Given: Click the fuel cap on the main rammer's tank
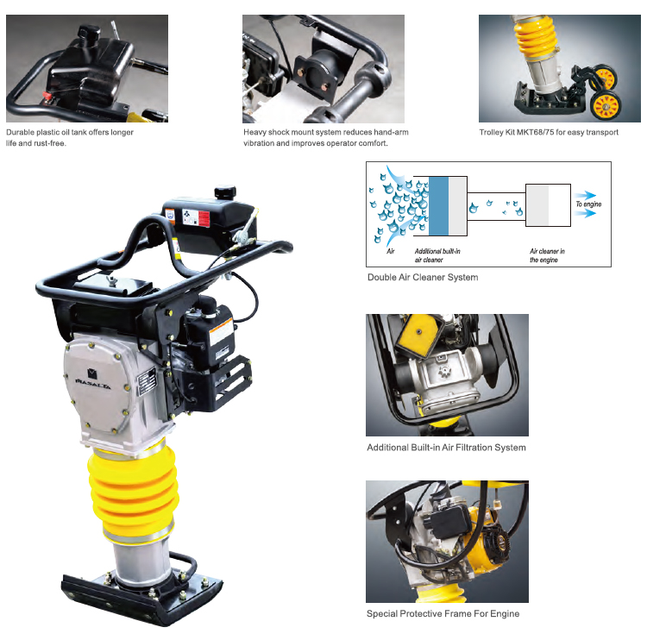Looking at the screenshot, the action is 225,191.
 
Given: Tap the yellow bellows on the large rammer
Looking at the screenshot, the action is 133,491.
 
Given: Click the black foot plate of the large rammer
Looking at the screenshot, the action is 141,597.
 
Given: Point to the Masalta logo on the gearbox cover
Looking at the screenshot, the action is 93,380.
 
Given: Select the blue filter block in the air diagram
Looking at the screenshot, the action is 438,206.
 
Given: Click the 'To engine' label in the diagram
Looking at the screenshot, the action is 588,204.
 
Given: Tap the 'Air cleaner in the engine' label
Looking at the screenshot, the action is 547,255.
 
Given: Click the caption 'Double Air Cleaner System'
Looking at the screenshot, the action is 423,277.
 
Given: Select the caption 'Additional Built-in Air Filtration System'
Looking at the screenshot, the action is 446,448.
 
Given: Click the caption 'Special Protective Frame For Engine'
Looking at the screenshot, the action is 443,613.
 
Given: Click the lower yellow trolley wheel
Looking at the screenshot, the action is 606,106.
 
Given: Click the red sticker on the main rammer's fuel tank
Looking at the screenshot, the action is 204,219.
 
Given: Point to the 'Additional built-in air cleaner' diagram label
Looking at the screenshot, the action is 437,255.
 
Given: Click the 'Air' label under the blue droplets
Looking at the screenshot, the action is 390,251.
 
